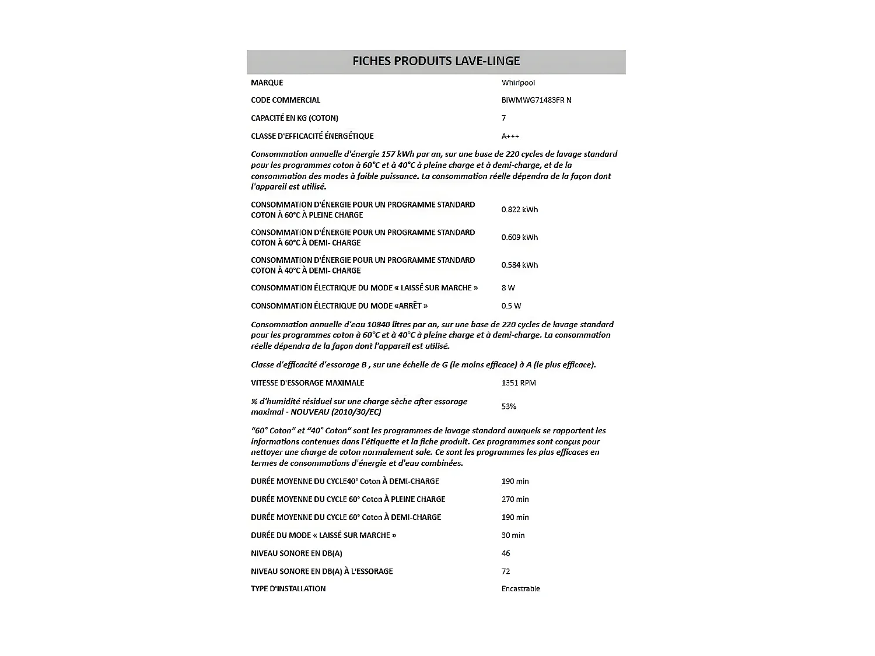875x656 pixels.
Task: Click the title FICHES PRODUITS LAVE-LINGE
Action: [436, 61]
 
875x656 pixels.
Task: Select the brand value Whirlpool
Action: [518, 83]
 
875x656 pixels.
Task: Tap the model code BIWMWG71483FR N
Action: [536, 100]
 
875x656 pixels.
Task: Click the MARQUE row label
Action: [267, 83]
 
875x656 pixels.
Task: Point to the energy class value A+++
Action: [510, 136]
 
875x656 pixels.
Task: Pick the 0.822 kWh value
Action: [519, 210]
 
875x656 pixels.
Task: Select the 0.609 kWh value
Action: [519, 237]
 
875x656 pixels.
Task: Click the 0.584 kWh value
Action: [519, 265]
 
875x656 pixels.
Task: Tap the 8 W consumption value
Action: [508, 288]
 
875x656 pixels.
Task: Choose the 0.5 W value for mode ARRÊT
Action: [511, 306]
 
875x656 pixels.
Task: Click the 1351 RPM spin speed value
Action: [518, 383]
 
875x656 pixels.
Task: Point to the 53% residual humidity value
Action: [509, 406]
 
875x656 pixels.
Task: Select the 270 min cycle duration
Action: [515, 499]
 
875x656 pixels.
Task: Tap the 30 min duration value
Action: [513, 535]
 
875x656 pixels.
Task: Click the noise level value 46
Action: [506, 553]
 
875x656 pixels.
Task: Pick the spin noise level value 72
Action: [506, 571]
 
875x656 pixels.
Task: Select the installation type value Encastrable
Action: [520, 589]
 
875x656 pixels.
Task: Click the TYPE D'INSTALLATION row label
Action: [288, 589]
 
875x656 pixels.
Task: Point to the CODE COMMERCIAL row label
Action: [285, 100]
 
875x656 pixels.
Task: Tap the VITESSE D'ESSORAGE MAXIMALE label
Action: [307, 383]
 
